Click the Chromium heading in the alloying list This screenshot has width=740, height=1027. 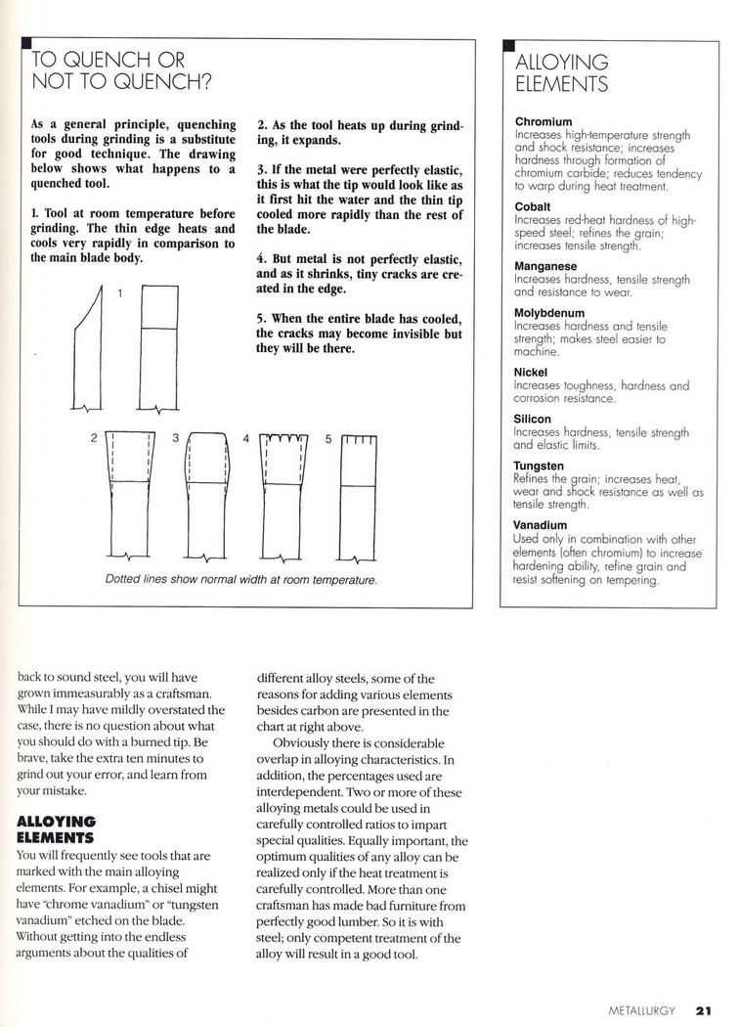[543, 122]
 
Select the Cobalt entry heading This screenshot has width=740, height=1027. [532, 207]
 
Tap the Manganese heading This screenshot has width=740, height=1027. [545, 266]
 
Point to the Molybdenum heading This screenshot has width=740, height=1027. [549, 313]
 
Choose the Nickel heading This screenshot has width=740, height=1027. [531, 373]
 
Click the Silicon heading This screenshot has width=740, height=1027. [533, 419]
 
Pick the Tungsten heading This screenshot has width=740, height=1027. [539, 466]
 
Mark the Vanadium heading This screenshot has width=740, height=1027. [541, 525]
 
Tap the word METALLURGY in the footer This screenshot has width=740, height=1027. [641, 1011]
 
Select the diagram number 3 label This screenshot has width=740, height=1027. [176, 438]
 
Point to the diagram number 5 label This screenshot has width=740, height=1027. [328, 438]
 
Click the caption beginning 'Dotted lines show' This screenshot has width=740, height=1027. [240, 580]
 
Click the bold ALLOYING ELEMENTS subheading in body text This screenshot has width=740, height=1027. [58, 829]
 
